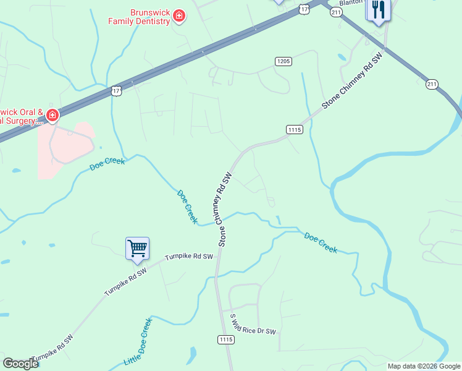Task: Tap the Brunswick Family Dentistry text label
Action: [140, 17]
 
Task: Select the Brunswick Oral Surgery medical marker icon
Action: [52, 114]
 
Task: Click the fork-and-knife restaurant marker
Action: [378, 10]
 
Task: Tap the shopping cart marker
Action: [137, 249]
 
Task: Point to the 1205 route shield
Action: [283, 61]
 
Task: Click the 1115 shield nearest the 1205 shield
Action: [294, 129]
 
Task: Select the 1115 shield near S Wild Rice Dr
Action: [225, 339]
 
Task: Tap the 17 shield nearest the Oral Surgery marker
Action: [117, 91]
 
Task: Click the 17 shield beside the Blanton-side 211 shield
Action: [304, 9]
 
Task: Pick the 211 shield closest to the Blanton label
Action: [336, 12]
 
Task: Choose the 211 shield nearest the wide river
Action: [432, 84]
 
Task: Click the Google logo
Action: [20, 364]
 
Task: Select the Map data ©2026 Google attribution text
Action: [424, 366]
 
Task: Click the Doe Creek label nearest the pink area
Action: [107, 164]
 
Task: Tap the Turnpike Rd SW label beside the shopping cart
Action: [188, 257]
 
